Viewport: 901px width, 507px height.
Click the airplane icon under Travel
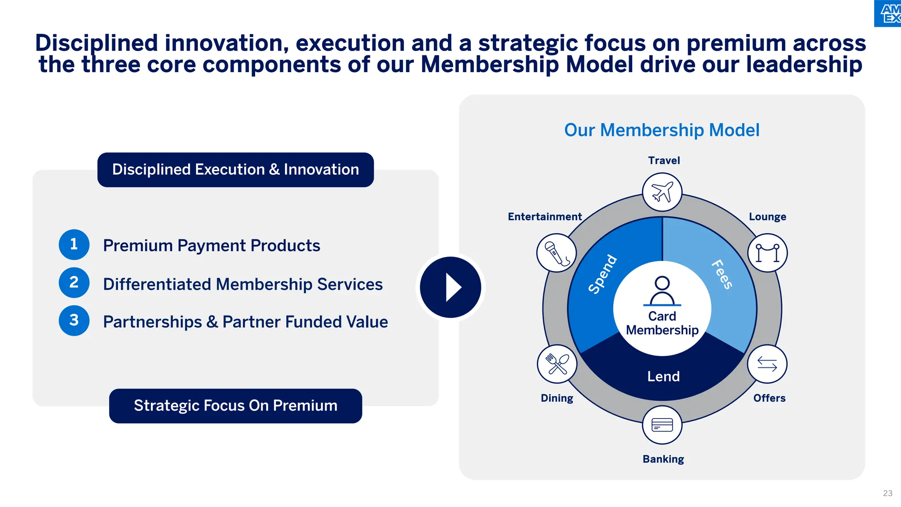[x=662, y=192]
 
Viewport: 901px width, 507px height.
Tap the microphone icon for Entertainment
[x=557, y=253]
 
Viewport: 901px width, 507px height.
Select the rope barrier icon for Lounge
[x=767, y=253]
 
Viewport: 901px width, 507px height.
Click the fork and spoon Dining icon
[x=557, y=364]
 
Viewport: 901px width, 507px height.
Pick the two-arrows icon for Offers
[x=767, y=364]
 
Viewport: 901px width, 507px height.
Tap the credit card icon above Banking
[x=662, y=425]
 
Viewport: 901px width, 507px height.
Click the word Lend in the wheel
[x=663, y=376]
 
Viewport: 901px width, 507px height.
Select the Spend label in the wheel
[x=603, y=274]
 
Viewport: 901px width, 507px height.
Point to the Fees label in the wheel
[x=722, y=274]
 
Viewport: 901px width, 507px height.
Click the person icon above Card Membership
[x=662, y=291]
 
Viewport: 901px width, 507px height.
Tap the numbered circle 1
[x=74, y=244]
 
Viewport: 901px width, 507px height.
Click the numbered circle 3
[x=74, y=320]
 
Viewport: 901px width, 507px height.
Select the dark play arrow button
[x=450, y=287]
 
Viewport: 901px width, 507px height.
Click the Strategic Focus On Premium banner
[x=235, y=406]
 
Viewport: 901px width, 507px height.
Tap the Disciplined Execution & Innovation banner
[x=235, y=170]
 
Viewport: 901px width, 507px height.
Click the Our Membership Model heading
[x=662, y=130]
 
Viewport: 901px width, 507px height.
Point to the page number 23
[x=887, y=493]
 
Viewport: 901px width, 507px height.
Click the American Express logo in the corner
[x=889, y=13]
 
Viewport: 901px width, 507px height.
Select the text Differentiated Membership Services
[x=242, y=284]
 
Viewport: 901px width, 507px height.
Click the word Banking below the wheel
[x=663, y=459]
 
